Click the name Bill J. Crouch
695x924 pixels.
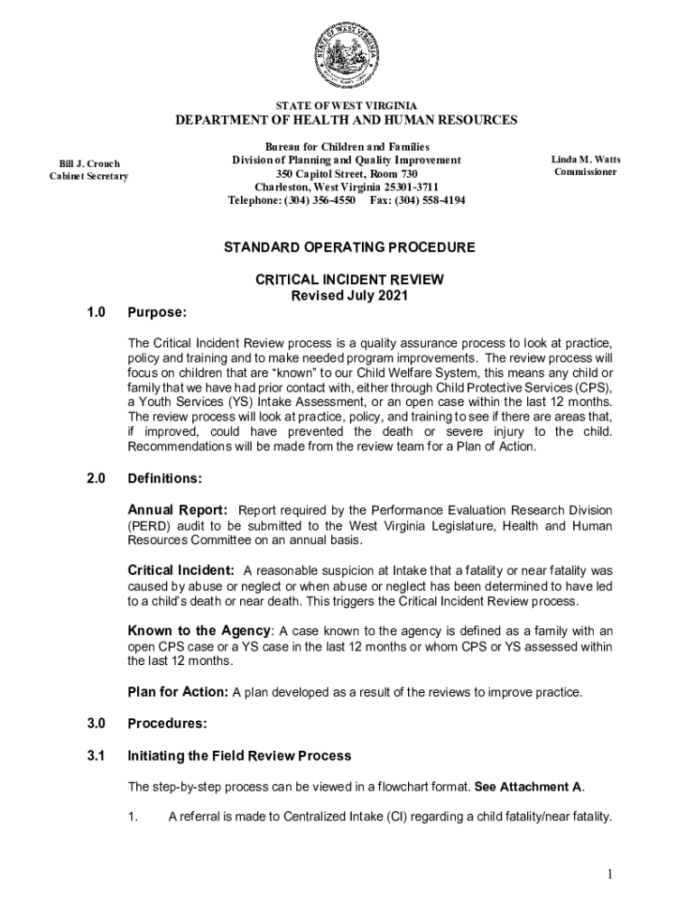click(89, 163)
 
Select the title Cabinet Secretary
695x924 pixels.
click(88, 176)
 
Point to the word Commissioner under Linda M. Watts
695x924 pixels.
click(587, 172)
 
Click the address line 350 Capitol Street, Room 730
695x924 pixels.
click(347, 173)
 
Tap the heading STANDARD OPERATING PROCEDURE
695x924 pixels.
click(349, 246)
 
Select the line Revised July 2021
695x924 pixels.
click(349, 296)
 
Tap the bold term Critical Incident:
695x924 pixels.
click(181, 570)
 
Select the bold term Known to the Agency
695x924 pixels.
click(199, 631)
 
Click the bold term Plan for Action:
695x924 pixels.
click(178, 692)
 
